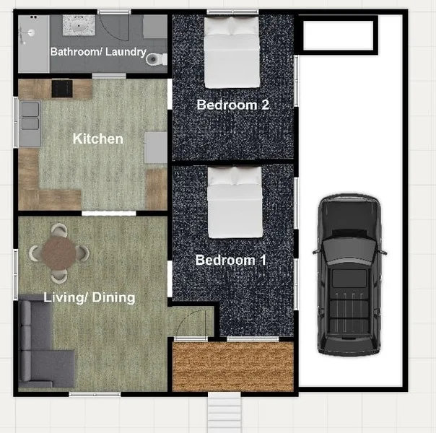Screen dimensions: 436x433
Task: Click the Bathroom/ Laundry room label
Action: coord(98,52)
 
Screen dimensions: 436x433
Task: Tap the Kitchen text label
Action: coord(98,139)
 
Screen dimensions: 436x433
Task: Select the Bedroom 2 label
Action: coord(232,105)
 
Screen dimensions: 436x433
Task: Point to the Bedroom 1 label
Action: coord(230,260)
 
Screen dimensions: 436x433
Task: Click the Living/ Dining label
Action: coord(90,297)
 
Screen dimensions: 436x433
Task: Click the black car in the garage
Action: coord(349,275)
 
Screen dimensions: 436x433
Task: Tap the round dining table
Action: coord(58,253)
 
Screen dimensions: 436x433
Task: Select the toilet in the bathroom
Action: coord(156,59)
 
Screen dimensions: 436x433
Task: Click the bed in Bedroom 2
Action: coord(232,52)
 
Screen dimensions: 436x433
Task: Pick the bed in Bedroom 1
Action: coord(235,202)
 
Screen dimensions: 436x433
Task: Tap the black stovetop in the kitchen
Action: coord(62,89)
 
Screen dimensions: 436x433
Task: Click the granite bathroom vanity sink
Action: coord(79,25)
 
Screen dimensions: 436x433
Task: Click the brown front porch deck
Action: coord(233,367)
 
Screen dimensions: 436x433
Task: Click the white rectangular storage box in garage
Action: coord(338,35)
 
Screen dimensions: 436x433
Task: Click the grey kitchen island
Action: coord(156,147)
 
